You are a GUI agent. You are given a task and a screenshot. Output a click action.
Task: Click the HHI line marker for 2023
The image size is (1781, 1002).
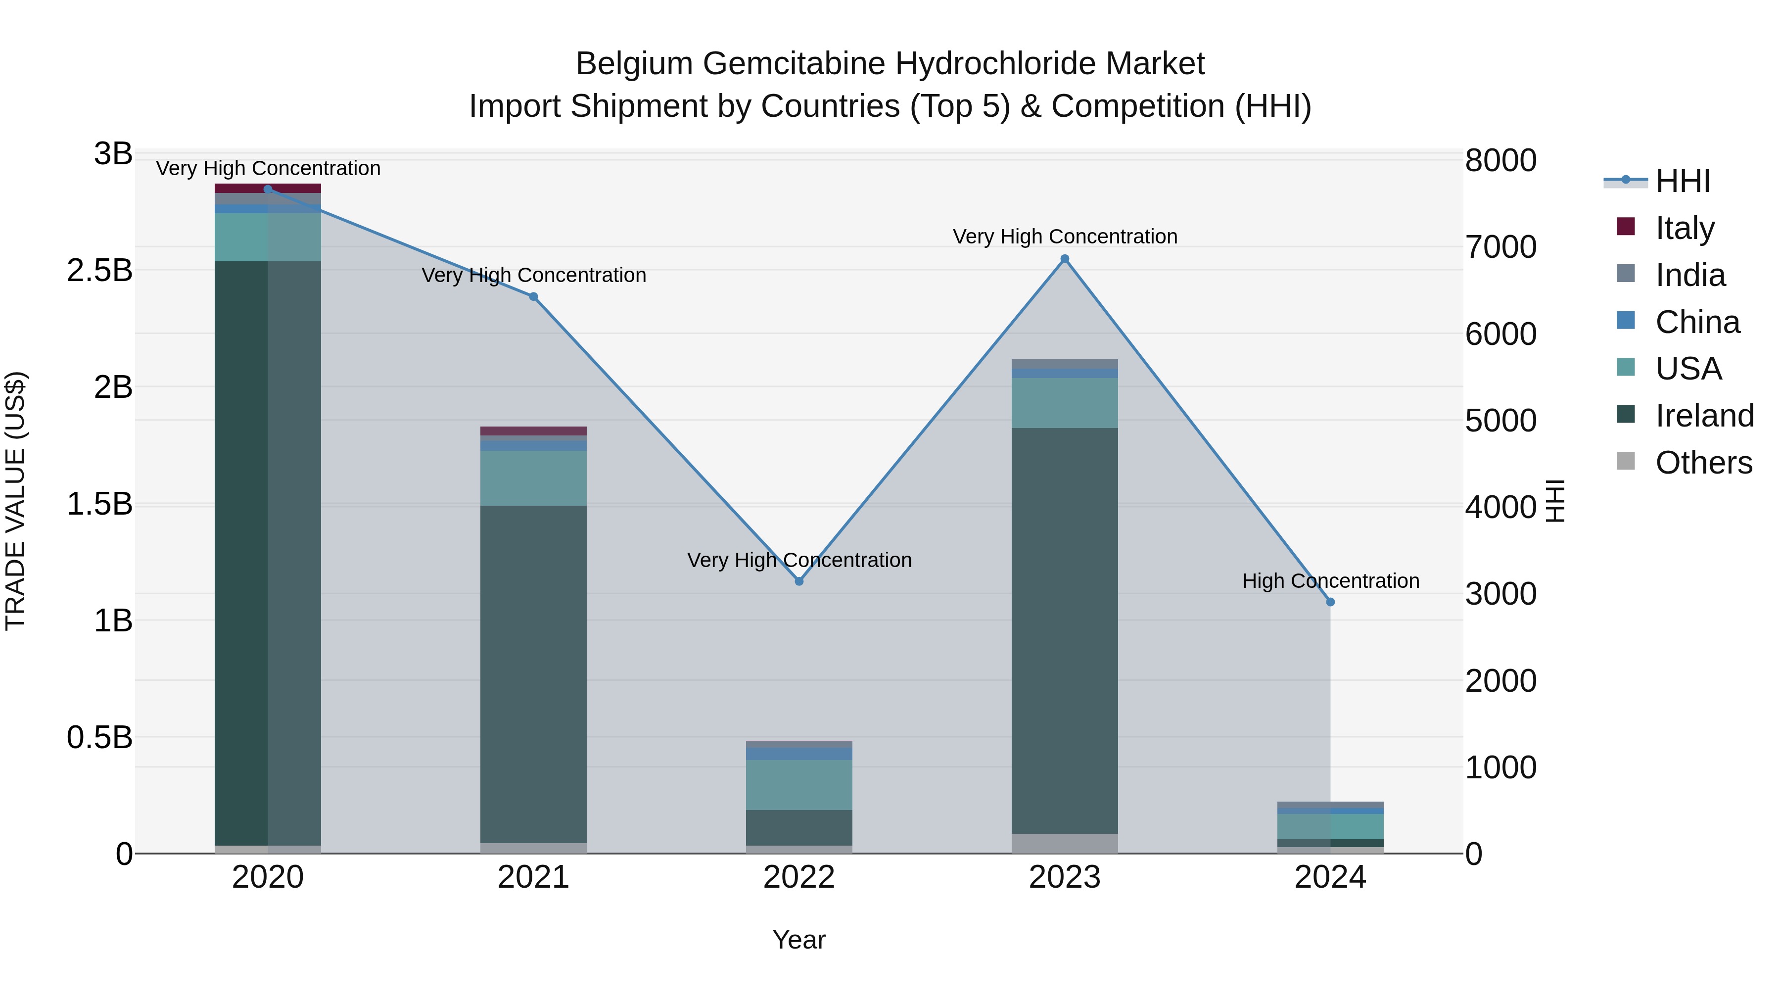(1065, 259)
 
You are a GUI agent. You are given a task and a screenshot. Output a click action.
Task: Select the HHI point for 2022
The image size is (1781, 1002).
(799, 581)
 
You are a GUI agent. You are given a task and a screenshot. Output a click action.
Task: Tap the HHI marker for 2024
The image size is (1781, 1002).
(1330, 602)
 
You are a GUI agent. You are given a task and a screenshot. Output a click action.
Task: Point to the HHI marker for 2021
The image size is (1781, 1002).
(533, 297)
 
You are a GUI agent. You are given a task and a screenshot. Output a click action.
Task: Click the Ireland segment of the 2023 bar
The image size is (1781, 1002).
(1065, 629)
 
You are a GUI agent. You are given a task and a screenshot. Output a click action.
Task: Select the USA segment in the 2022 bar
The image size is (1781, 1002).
(799, 785)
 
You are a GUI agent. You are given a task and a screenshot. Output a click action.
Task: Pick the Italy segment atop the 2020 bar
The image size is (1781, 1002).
(268, 188)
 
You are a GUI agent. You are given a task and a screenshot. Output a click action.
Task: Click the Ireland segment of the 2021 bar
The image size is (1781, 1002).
(533, 674)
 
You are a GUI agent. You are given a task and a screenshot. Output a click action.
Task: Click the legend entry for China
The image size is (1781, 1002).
(1697, 322)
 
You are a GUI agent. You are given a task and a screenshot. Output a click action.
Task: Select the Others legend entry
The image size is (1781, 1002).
(1703, 463)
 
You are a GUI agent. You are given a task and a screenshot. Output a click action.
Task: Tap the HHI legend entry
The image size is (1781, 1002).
(1682, 181)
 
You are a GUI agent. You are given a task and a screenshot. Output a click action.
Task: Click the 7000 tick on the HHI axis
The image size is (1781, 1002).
(1500, 247)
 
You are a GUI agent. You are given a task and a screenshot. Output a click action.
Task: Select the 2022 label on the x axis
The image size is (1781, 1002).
(799, 877)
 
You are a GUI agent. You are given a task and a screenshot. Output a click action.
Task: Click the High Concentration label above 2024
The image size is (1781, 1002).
(1330, 581)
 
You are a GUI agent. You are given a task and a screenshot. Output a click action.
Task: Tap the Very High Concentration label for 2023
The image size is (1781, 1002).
(1065, 237)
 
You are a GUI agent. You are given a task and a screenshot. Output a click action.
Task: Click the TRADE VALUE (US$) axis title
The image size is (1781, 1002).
(16, 501)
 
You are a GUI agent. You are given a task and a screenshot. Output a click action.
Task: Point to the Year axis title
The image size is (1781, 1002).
(799, 940)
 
